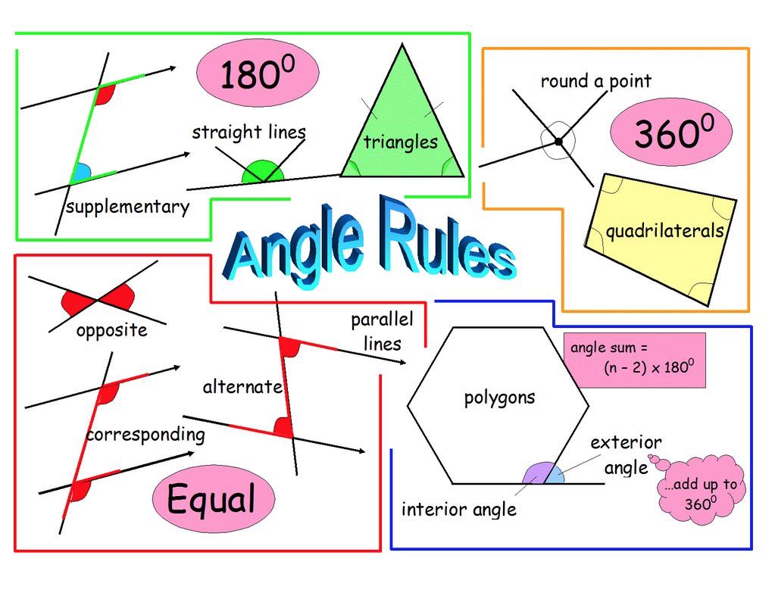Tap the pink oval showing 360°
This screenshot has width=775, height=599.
(671, 132)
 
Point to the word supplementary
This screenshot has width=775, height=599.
(127, 207)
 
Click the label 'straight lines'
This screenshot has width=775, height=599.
(248, 133)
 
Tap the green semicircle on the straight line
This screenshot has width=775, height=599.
(262, 173)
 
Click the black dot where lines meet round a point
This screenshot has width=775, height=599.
(558, 142)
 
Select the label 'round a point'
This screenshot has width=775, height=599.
(595, 81)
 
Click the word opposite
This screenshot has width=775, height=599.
(111, 330)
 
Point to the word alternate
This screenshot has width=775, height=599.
(242, 387)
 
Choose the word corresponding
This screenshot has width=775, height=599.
(145, 435)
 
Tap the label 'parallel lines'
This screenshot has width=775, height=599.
(382, 331)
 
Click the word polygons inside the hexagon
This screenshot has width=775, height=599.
(499, 397)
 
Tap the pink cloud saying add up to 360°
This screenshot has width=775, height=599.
(702, 493)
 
